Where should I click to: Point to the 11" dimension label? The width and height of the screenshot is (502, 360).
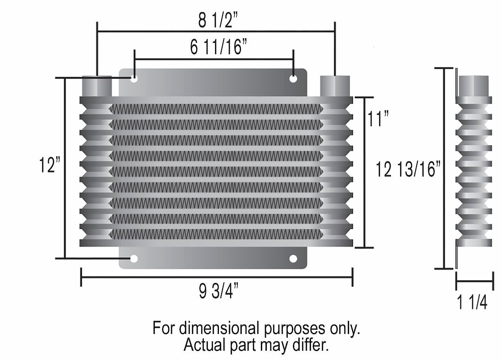[377, 119]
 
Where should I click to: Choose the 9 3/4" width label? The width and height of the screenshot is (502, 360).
[218, 292]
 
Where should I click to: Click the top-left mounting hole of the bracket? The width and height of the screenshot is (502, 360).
[134, 79]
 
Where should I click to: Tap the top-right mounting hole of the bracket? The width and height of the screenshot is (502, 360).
[293, 79]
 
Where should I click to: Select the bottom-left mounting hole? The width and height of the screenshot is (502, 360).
[134, 259]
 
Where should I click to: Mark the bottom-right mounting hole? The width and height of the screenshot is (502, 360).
[293, 259]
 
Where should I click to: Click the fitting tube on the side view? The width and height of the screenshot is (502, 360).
[473, 86]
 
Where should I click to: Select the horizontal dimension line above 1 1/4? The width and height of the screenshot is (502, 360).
[475, 281]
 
